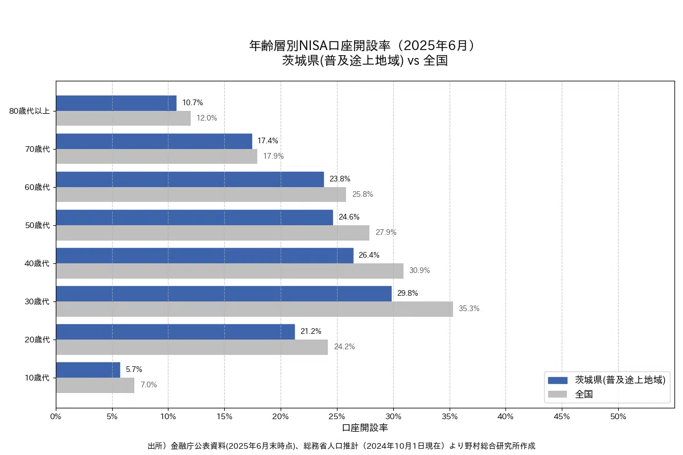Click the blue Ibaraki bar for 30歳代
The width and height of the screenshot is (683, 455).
pyautogui.click(x=224, y=293)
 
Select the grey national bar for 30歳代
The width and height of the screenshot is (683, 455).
pyautogui.click(x=254, y=309)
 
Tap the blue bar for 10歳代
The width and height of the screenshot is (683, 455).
pyautogui.click(x=88, y=370)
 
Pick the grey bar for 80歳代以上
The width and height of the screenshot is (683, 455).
pyautogui.click(x=123, y=118)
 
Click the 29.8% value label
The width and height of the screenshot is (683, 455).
pyautogui.click(x=408, y=293)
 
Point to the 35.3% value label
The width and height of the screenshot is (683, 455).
pyautogui.click(x=469, y=309)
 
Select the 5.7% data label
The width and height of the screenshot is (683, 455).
pyautogui.click(x=134, y=370)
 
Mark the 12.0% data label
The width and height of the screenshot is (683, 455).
pyautogui.click(x=207, y=118)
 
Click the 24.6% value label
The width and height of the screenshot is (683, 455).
pyautogui.click(x=349, y=217)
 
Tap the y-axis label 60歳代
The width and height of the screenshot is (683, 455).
pyautogui.click(x=37, y=187)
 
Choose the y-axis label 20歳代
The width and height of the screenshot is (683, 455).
pyautogui.click(x=37, y=340)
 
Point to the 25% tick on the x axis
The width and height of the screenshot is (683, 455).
pyautogui.click(x=337, y=417)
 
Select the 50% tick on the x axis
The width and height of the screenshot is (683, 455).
pyautogui.click(x=618, y=417)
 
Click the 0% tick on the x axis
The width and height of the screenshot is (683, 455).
pyautogui.click(x=56, y=417)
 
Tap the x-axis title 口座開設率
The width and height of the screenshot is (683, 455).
pyautogui.click(x=365, y=427)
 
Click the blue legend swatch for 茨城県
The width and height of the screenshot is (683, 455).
pyautogui.click(x=557, y=380)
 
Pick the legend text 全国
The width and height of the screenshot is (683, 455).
pyautogui.click(x=584, y=394)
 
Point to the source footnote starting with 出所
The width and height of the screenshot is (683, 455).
pyautogui.click(x=341, y=446)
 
